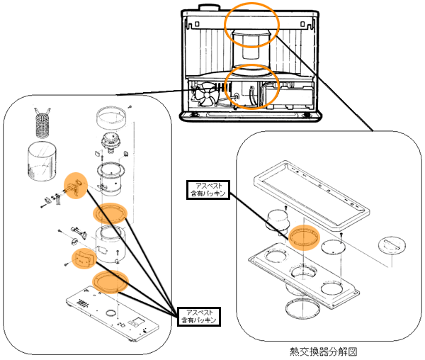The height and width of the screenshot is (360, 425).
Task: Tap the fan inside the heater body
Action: [x=205, y=94]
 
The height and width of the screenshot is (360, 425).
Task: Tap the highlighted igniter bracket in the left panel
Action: [x=74, y=186]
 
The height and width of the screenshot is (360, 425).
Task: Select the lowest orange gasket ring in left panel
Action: [x=110, y=280]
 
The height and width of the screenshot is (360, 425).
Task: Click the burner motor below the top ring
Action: [x=111, y=143]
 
